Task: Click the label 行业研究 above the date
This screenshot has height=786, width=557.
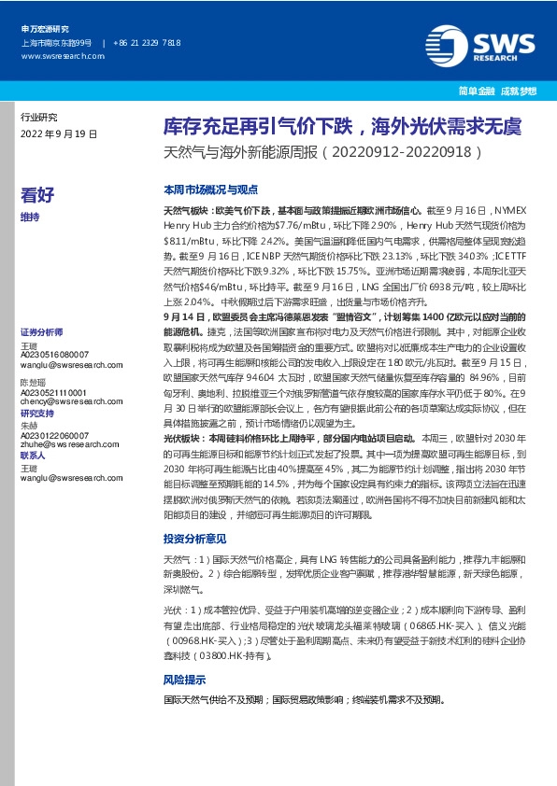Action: pos(38,118)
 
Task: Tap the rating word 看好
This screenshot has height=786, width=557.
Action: pos(37,195)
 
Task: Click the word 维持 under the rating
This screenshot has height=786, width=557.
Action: pos(30,217)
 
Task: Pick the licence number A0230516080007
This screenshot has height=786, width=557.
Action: pos(55,355)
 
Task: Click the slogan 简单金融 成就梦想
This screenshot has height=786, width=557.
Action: pos(505,91)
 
